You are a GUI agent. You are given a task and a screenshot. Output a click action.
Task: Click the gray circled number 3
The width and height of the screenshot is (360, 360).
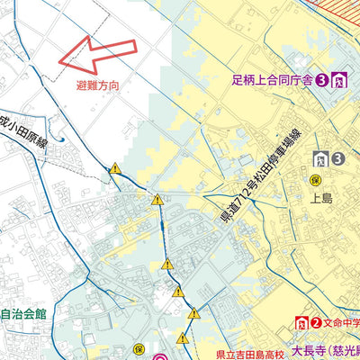tap(337, 159)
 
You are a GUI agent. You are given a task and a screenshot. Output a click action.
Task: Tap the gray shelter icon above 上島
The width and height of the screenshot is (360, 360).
tap(319, 159)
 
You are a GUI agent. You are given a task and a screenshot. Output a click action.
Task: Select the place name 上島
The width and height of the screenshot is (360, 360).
tap(321, 202)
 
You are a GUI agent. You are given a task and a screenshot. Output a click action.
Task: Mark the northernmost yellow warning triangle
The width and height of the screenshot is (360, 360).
tap(115, 167)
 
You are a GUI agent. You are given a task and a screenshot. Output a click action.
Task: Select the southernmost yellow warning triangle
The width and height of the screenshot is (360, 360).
tap(183, 338)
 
